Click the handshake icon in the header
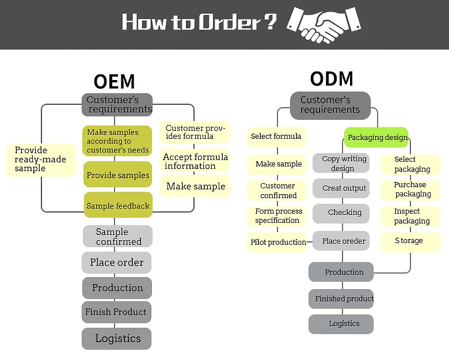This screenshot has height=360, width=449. click(x=324, y=24)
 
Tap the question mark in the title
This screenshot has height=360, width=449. click(x=270, y=21)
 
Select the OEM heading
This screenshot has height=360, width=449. click(x=114, y=81)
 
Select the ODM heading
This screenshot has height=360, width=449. click(x=332, y=79)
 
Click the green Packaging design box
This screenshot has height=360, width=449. click(x=376, y=137)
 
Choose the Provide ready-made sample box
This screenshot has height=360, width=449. click(x=41, y=160)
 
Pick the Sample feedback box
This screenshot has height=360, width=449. click(x=118, y=205)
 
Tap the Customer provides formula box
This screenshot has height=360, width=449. click(x=195, y=132)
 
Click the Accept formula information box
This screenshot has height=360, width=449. click(x=195, y=161)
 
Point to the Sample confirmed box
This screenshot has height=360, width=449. click(x=117, y=236)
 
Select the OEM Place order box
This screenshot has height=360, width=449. click(x=116, y=263)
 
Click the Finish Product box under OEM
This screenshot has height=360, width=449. click(x=116, y=312)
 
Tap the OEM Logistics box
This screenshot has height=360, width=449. click(x=116, y=339)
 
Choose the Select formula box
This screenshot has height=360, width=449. click(x=277, y=137)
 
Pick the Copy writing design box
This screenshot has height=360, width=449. click(x=341, y=163)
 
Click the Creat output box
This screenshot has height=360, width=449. click(x=341, y=188)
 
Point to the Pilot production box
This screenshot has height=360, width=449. click(x=277, y=242)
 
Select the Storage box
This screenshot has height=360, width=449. click(x=410, y=242)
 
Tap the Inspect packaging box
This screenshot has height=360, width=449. click(x=410, y=216)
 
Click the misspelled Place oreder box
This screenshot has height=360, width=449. click(x=341, y=241)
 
